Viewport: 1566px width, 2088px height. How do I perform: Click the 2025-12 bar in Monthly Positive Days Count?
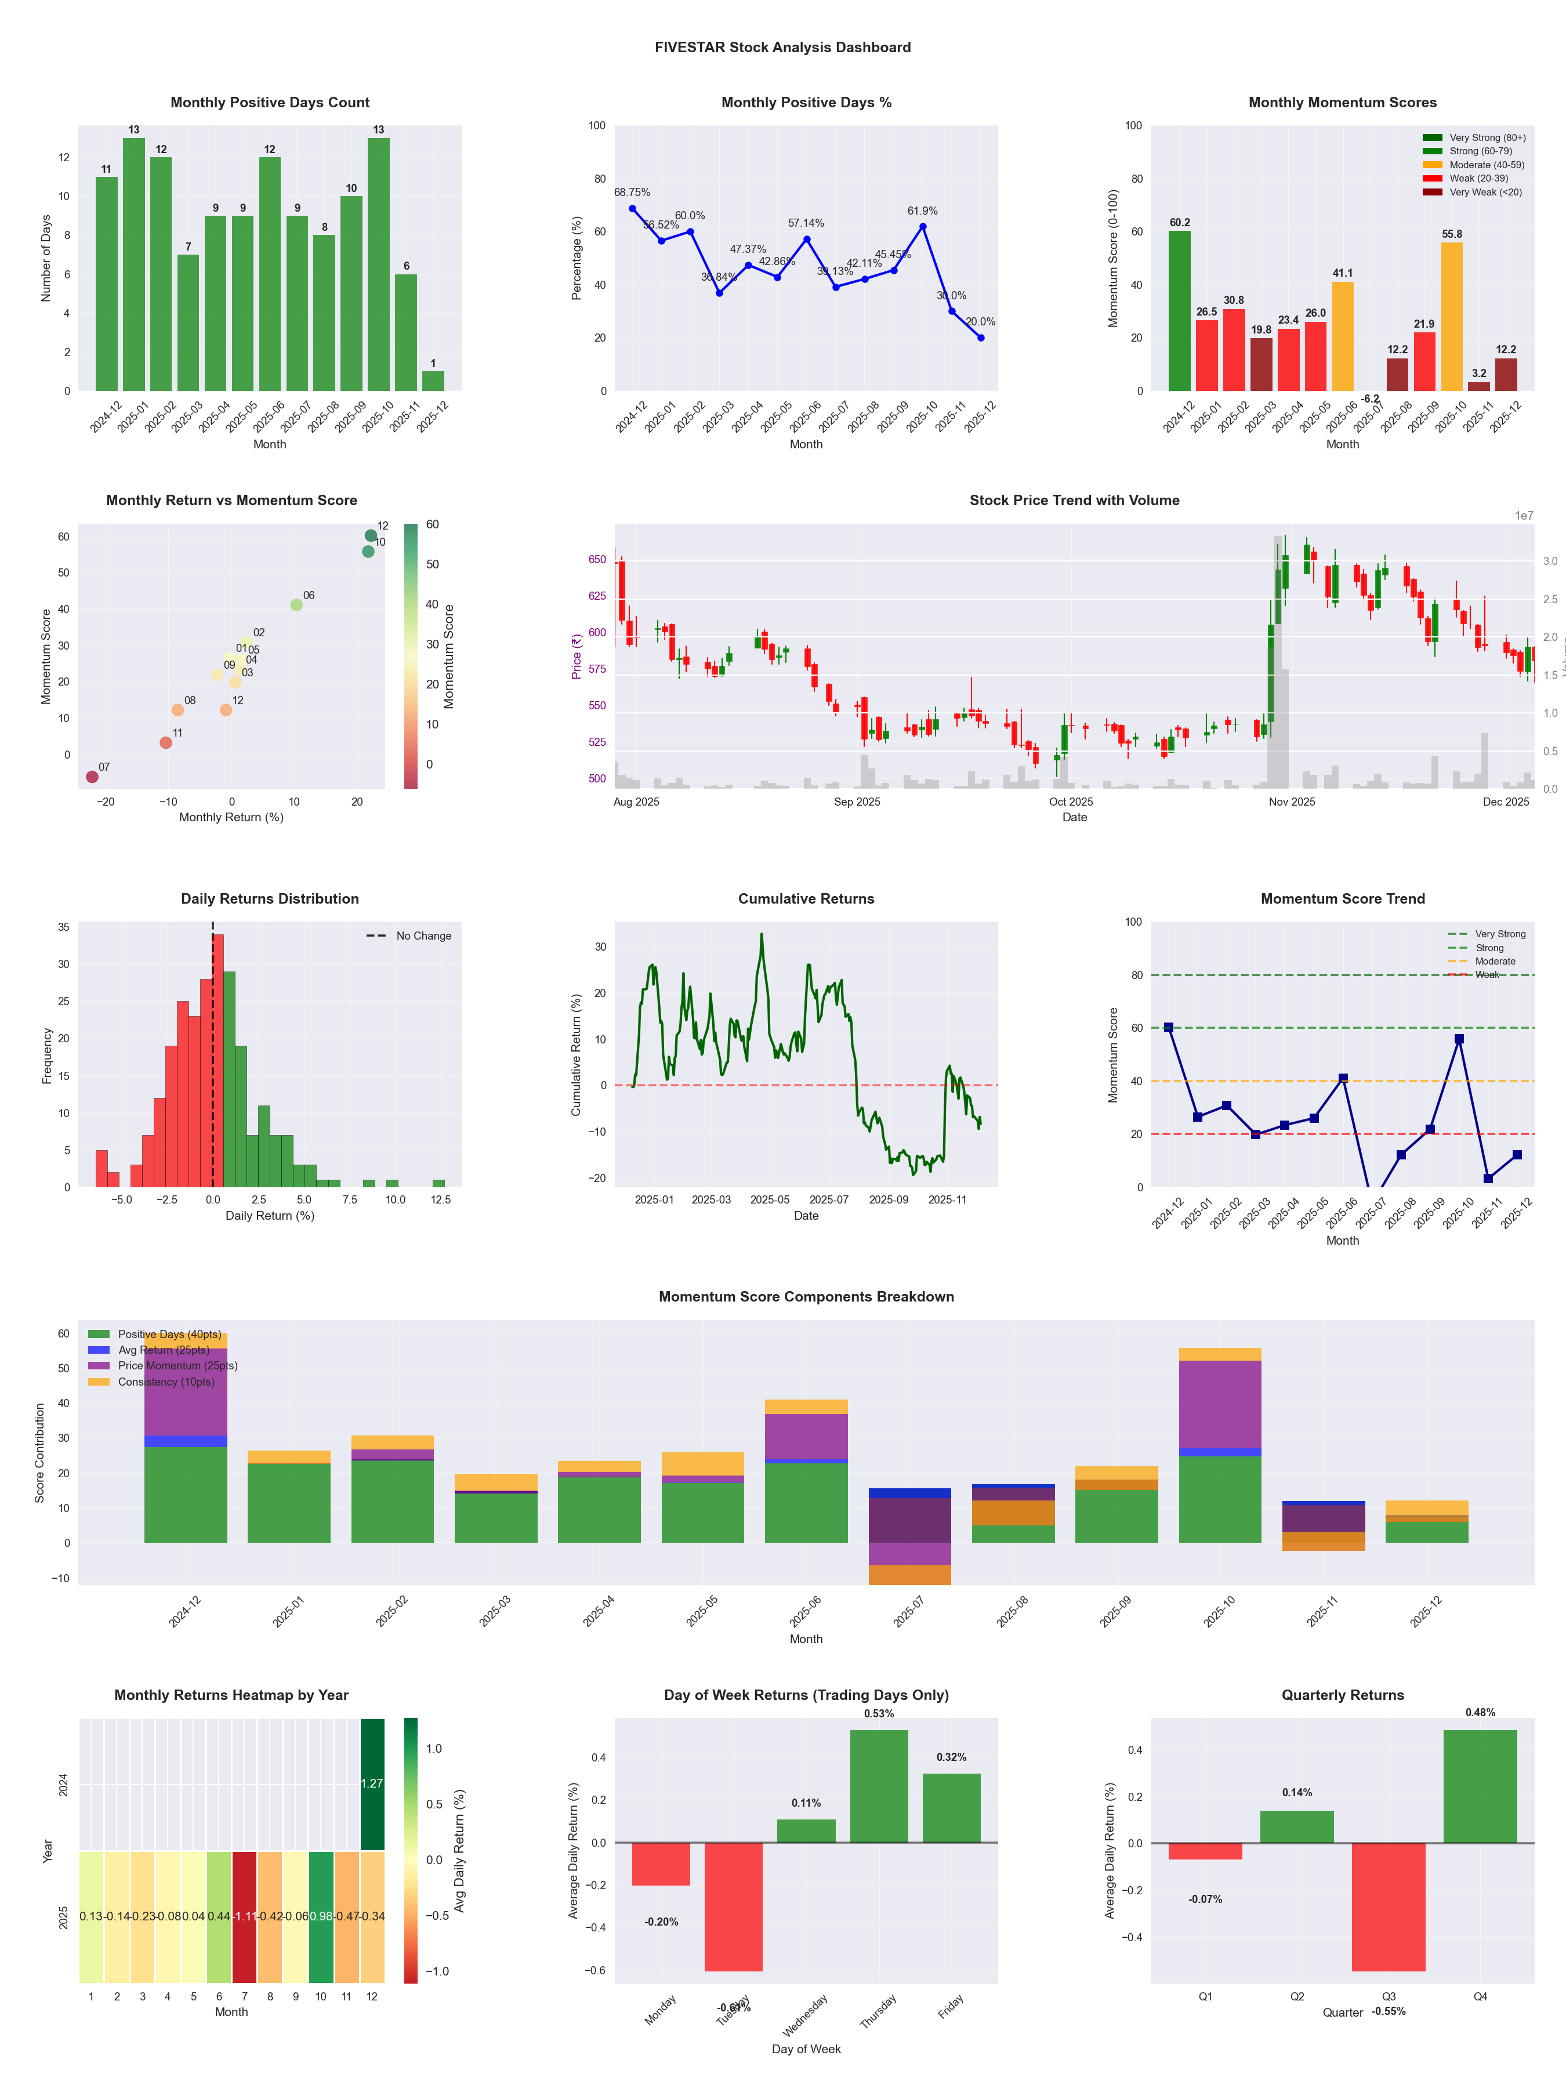point(433,380)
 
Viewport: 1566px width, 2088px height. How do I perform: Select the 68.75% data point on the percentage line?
point(632,209)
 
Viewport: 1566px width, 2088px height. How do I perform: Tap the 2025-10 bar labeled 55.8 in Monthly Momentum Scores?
point(1452,316)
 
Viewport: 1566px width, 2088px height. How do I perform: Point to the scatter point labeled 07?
point(92,777)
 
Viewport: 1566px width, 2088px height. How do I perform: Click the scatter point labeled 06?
point(296,605)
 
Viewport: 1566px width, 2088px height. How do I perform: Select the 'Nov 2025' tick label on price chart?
point(1291,802)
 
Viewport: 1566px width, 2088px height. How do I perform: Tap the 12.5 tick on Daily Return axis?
point(441,1200)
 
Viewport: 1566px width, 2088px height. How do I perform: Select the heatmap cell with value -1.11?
point(245,1916)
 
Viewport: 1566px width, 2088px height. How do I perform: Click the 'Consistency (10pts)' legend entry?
point(166,1382)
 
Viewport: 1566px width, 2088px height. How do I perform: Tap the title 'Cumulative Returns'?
point(806,898)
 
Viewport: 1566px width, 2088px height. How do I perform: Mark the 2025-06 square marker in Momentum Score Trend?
point(1343,1078)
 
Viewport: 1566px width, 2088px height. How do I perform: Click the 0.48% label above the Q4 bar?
point(1480,1712)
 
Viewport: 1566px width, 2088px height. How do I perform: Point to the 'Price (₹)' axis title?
point(576,656)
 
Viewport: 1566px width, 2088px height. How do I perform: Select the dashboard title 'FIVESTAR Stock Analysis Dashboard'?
point(782,47)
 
